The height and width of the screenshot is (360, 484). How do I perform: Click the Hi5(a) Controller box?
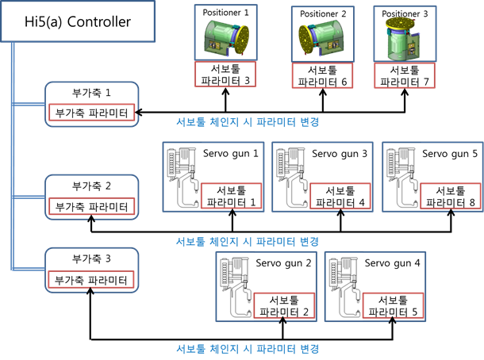tap(78, 21)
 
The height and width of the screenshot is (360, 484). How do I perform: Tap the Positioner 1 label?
tap(225, 13)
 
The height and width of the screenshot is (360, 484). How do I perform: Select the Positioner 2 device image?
tap(323, 39)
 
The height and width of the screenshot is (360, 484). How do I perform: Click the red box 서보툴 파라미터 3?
tap(225, 74)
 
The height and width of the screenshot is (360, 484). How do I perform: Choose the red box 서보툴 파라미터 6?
tap(322, 75)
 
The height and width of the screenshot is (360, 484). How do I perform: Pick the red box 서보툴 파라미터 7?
tap(405, 75)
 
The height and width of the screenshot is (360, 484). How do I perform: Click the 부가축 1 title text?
tap(91, 93)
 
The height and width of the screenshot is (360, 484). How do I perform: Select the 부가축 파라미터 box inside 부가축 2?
tap(91, 206)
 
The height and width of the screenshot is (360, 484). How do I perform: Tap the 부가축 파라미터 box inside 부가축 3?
tap(90, 279)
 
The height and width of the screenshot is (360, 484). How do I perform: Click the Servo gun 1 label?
tap(231, 153)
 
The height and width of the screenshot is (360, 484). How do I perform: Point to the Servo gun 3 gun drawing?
tap(292, 178)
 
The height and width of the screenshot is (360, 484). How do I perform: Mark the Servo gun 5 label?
tap(450, 153)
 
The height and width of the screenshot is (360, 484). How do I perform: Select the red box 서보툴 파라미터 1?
tap(231, 196)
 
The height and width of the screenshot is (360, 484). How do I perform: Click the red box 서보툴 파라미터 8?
tap(451, 196)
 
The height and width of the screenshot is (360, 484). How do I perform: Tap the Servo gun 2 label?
tap(283, 263)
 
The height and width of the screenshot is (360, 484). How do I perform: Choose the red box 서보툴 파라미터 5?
tap(393, 305)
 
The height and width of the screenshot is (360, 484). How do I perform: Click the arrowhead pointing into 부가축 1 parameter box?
tap(139, 113)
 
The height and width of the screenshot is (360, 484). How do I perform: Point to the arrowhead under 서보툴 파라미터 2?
tap(282, 321)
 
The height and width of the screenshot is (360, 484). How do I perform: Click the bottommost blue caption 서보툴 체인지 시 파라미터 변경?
tap(248, 349)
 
